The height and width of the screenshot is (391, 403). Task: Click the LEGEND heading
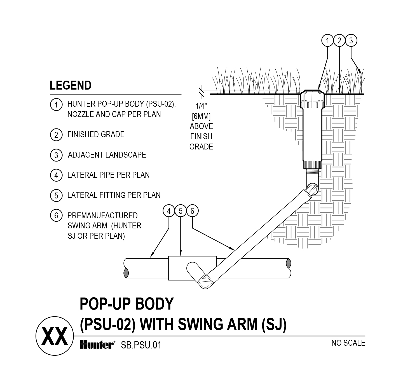[x=71, y=85]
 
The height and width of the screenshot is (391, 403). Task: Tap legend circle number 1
[x=56, y=105]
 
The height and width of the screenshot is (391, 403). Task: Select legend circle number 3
[x=56, y=155]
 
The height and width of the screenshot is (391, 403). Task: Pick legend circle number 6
[x=56, y=216]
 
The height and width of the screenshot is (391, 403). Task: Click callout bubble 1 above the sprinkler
[x=327, y=41]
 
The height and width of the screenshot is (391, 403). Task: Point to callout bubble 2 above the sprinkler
[x=339, y=41]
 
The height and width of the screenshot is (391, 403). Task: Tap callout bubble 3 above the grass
[x=351, y=41]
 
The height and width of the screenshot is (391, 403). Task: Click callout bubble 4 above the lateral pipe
[x=169, y=211]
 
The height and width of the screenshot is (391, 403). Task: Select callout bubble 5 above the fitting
[x=181, y=211]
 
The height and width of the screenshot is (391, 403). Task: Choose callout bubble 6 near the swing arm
[x=192, y=211]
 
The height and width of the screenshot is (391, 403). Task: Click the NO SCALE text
[x=348, y=343]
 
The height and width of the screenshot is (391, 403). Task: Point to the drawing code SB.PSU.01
[x=141, y=345]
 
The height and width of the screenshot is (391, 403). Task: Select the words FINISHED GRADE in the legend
[x=96, y=135]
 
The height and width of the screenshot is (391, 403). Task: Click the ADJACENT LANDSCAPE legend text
[x=107, y=155]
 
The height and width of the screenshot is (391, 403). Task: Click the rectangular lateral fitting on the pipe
[x=177, y=268]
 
